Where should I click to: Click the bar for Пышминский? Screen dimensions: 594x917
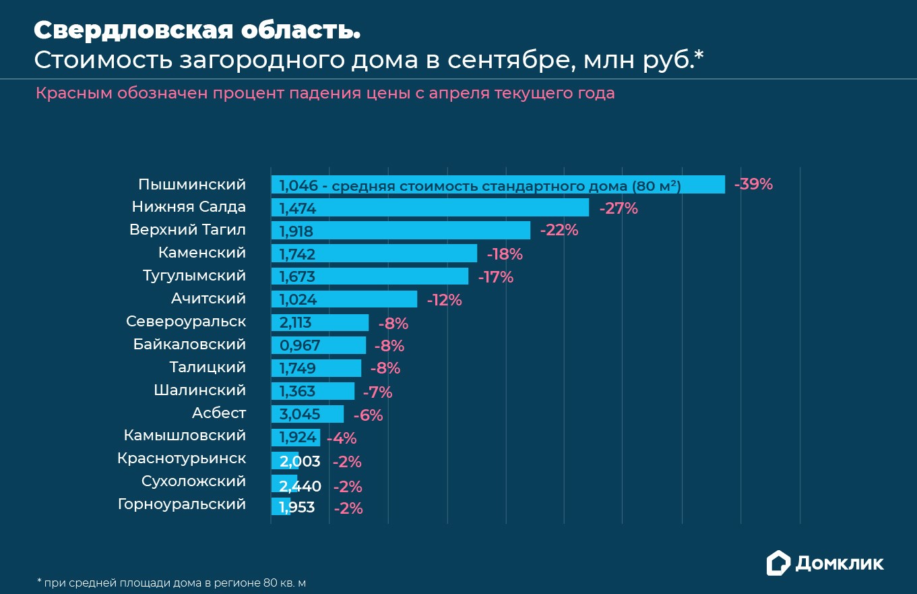(x=498, y=185)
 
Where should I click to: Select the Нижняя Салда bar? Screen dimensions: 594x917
(x=430, y=208)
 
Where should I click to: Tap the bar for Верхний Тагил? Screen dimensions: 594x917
(x=400, y=231)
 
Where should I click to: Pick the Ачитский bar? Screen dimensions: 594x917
(x=344, y=299)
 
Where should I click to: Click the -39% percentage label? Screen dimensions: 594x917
(x=753, y=184)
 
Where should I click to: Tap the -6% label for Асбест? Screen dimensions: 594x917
(x=368, y=415)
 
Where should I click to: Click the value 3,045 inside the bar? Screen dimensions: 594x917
(x=300, y=414)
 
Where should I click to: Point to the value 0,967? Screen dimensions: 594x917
(x=300, y=345)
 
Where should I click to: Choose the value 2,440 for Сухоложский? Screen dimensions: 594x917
(x=300, y=485)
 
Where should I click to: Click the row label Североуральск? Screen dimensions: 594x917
(x=186, y=322)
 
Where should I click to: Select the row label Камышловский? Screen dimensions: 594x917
(x=185, y=436)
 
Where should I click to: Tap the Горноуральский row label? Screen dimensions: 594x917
(x=182, y=504)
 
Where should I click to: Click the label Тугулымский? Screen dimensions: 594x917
(x=194, y=276)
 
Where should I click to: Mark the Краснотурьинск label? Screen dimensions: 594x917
(x=181, y=458)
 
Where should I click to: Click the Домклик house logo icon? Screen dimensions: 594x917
(x=778, y=563)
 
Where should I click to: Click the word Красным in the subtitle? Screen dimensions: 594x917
(x=73, y=93)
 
